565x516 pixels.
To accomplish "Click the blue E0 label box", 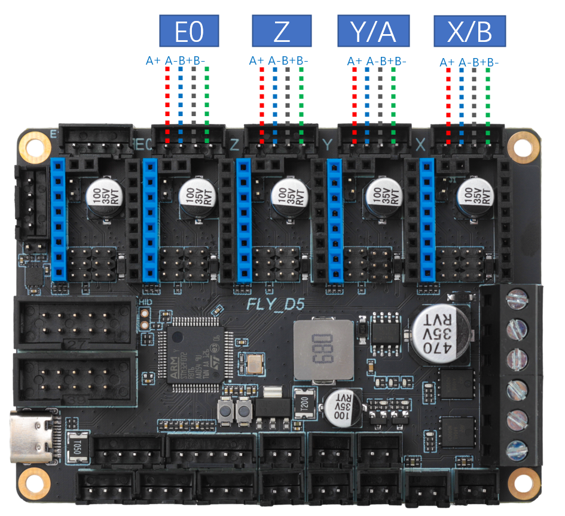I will (x=189, y=31).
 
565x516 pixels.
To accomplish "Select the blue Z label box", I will (x=282, y=31).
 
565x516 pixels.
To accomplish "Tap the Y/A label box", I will (x=374, y=31).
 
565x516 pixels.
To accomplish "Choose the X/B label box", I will (x=469, y=31).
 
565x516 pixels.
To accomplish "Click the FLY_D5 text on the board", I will (x=276, y=304).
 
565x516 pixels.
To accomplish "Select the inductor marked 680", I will (x=323, y=351).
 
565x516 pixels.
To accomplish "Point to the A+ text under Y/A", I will (x=355, y=61).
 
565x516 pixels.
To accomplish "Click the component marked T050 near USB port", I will (x=75, y=446).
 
